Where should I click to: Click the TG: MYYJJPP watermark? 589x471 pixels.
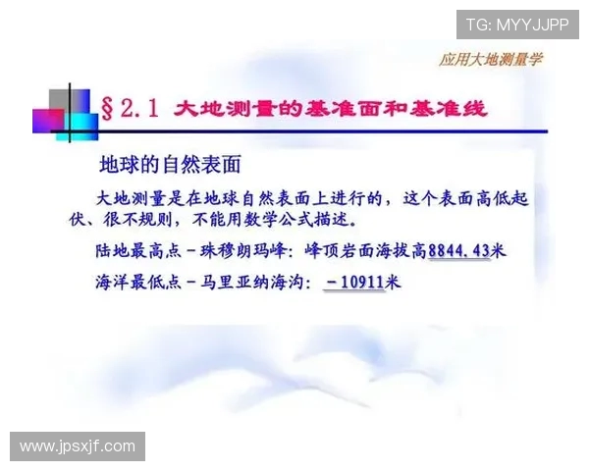517,24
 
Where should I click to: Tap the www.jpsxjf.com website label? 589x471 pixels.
78,446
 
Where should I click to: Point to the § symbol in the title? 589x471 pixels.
110,109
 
